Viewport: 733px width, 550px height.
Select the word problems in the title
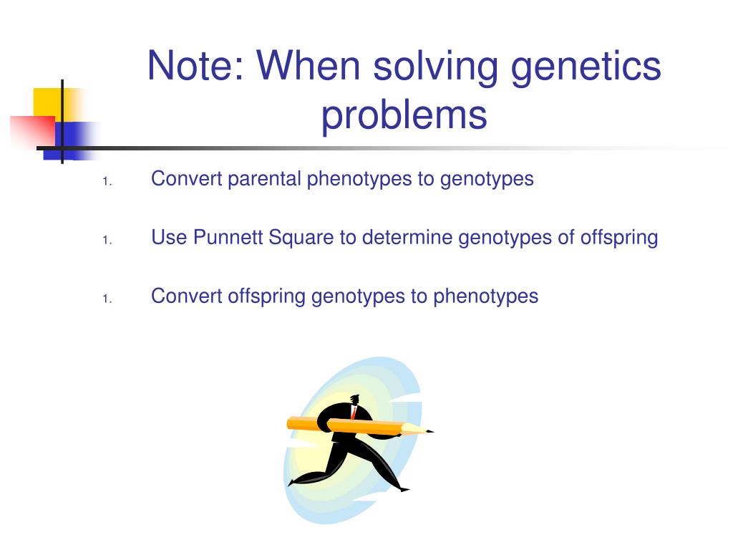coord(404,115)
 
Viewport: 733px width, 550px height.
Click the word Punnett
coord(228,237)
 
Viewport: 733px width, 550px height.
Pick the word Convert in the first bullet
coord(187,178)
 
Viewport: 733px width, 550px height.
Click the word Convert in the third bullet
coord(187,296)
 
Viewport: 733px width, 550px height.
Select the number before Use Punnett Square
coord(105,241)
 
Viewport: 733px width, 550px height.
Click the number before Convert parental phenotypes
coord(105,182)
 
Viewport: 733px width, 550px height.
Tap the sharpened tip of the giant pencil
coord(429,431)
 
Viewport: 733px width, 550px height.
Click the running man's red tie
coord(353,412)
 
